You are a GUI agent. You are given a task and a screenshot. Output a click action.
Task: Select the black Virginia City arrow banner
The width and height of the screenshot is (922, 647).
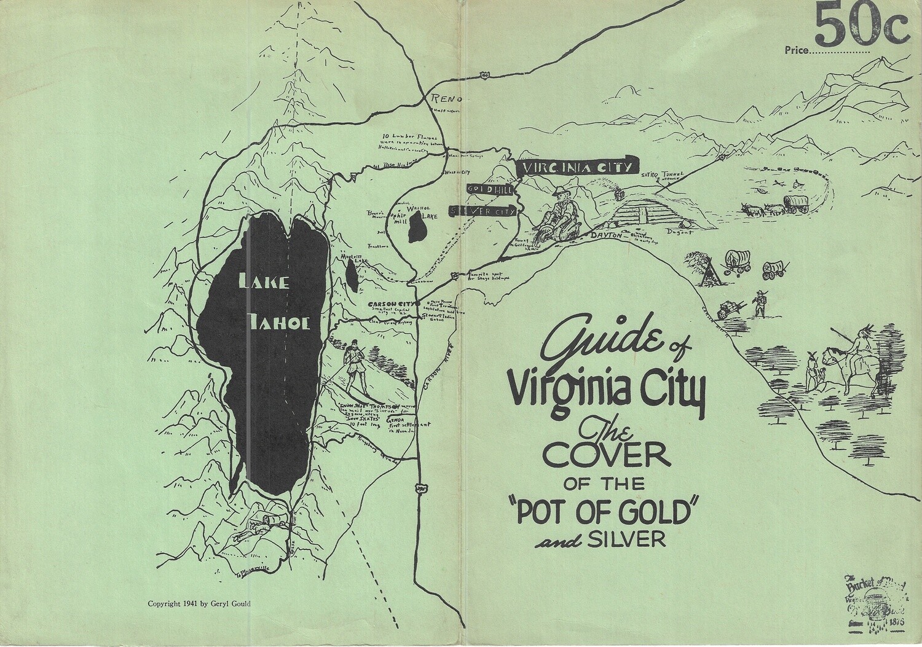[577, 167]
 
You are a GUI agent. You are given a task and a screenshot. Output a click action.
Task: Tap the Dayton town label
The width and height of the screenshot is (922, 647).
[605, 235]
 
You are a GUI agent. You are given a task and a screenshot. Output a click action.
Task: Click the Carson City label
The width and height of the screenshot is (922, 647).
[392, 304]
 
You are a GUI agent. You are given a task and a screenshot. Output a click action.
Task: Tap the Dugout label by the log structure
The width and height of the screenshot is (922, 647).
[682, 232]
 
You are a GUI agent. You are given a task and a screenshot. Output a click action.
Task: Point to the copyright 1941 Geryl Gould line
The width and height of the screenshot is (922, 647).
[199, 603]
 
